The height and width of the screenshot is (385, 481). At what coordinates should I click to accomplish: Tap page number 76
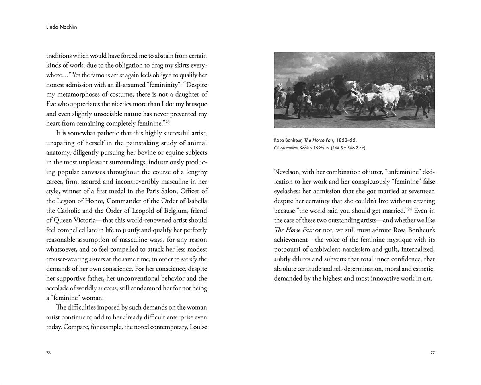(x=48, y=353)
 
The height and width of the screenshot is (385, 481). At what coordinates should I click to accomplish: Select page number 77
(x=432, y=353)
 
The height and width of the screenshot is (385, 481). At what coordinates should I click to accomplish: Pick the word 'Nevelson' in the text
(x=287, y=172)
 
